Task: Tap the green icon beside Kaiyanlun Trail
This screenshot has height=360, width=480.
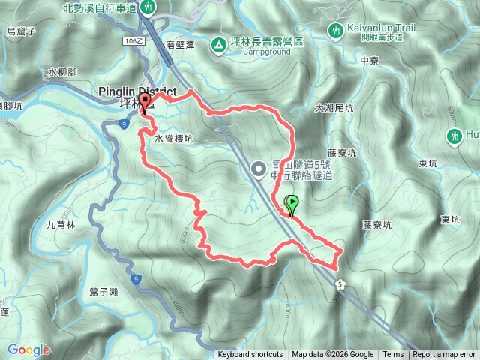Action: [334, 30]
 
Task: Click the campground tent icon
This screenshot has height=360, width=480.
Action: [217, 46]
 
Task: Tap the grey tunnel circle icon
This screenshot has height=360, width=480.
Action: [259, 169]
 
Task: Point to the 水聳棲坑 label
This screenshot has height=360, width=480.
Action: [174, 139]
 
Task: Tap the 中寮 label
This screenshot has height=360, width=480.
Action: [369, 60]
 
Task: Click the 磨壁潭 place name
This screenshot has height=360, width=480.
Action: [180, 46]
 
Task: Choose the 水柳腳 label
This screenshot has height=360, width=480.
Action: [61, 72]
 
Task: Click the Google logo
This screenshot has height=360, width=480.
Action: [28, 349]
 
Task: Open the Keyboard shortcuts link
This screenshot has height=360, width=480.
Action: [250, 355]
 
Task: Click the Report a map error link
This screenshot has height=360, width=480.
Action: [444, 355]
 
